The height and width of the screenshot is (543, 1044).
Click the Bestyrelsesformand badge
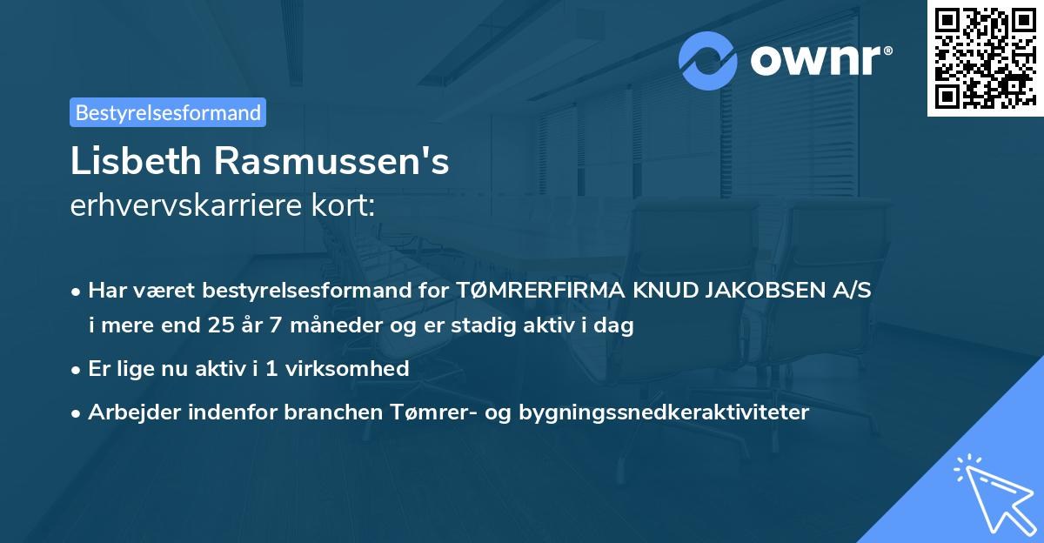tap(168, 112)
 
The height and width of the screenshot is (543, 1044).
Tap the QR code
tap(984, 57)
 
